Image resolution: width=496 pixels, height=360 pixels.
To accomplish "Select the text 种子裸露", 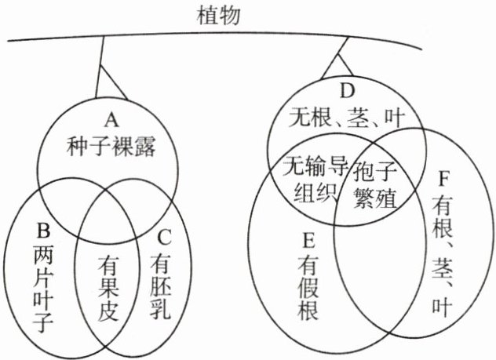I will coord(111,145).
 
